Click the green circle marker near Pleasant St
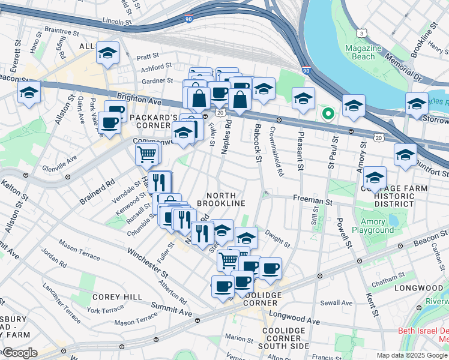[328, 113]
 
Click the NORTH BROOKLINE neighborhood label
[226, 199]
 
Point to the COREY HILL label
[117, 297]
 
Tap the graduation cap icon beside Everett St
[29, 94]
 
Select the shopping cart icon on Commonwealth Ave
[147, 154]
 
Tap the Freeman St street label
[313, 198]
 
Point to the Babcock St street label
[258, 147]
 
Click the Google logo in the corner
[19, 353]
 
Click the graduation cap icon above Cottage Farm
[375, 177]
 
